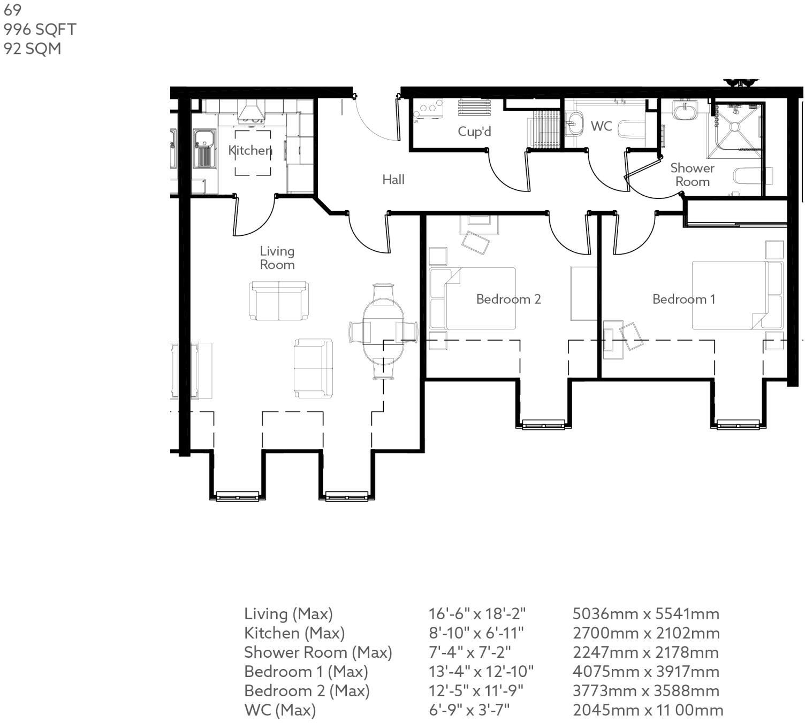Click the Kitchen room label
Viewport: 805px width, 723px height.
(x=250, y=150)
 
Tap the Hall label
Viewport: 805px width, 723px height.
(x=393, y=180)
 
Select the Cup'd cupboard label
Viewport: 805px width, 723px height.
(x=474, y=132)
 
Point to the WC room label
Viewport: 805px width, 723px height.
(x=601, y=126)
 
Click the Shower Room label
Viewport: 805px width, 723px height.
(x=692, y=175)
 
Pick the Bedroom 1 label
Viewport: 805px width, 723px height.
(x=684, y=299)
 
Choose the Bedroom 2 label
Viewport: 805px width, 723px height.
(x=508, y=299)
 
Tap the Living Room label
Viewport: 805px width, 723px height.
(x=277, y=258)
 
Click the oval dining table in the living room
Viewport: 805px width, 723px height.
(x=383, y=332)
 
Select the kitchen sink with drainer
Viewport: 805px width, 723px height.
(x=204, y=149)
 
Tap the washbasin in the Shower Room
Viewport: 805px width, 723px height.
(x=684, y=112)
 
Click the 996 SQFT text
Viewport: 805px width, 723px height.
(x=40, y=29)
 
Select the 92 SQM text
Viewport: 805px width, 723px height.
(x=32, y=49)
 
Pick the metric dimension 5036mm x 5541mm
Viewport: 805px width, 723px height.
(x=645, y=614)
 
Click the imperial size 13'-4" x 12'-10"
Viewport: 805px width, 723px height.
(x=481, y=672)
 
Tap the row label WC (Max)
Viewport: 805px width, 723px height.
(x=280, y=710)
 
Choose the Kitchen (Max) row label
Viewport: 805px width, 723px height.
(x=294, y=633)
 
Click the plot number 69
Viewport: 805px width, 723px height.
(x=12, y=10)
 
